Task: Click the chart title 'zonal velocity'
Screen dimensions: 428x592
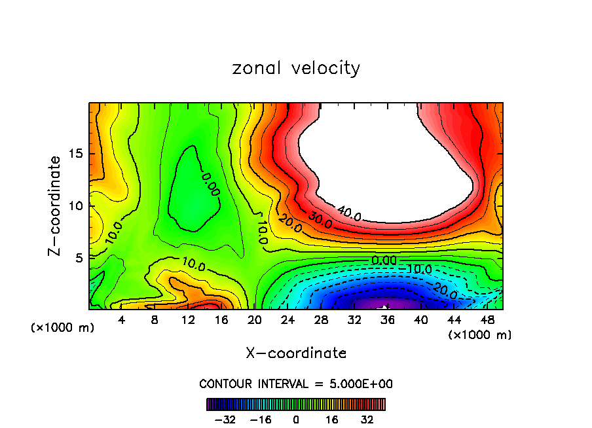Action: coord(296,68)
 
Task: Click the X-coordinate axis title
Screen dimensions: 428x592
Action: coord(296,353)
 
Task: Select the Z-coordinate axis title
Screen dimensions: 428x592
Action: coord(58,205)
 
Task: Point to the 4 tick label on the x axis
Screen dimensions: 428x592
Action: coord(122,320)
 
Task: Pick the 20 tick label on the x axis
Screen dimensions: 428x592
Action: coord(255,320)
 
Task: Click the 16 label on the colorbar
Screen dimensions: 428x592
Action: coord(332,418)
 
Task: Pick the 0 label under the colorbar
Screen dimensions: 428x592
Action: coord(296,418)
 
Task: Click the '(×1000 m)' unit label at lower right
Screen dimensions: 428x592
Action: coord(480,335)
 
